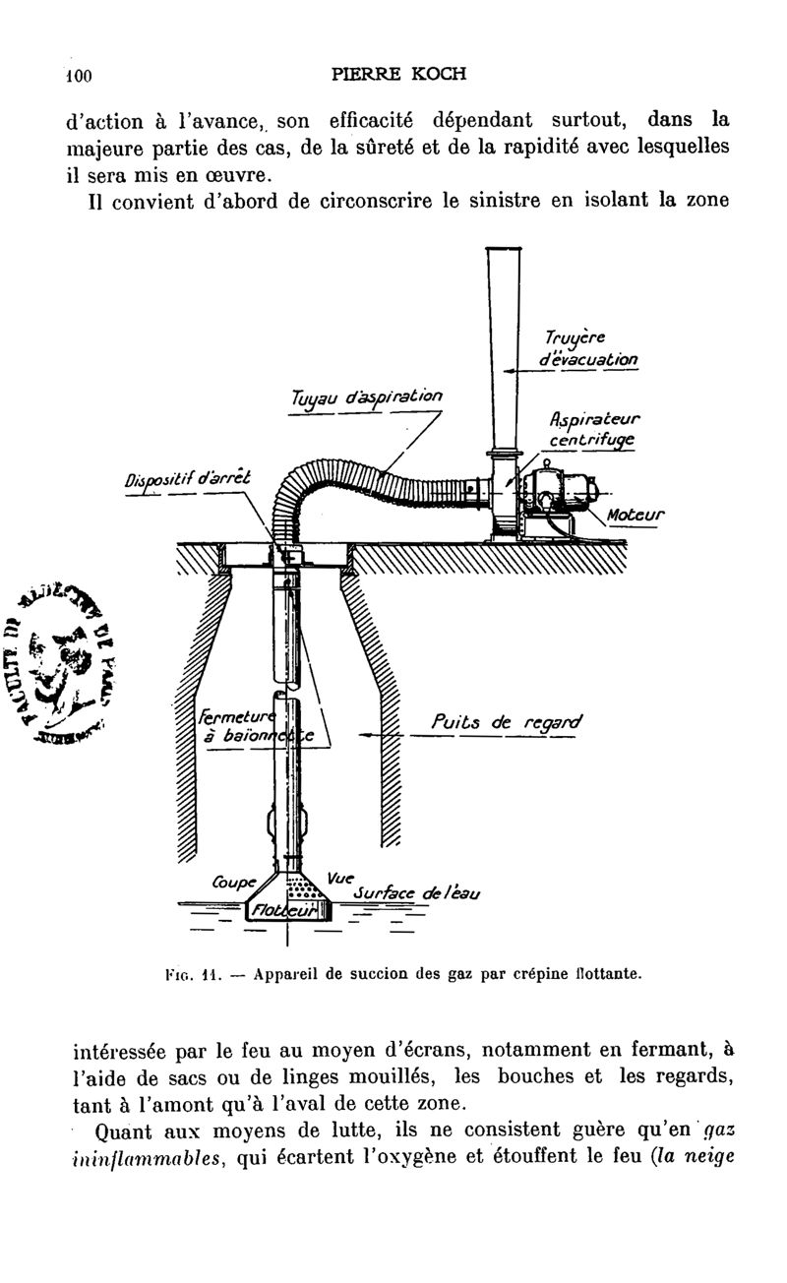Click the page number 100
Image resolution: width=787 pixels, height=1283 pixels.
pyautogui.click(x=78, y=75)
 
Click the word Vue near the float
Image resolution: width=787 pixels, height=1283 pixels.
pyautogui.click(x=337, y=876)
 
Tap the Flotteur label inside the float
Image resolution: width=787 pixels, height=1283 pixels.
pyautogui.click(x=280, y=912)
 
